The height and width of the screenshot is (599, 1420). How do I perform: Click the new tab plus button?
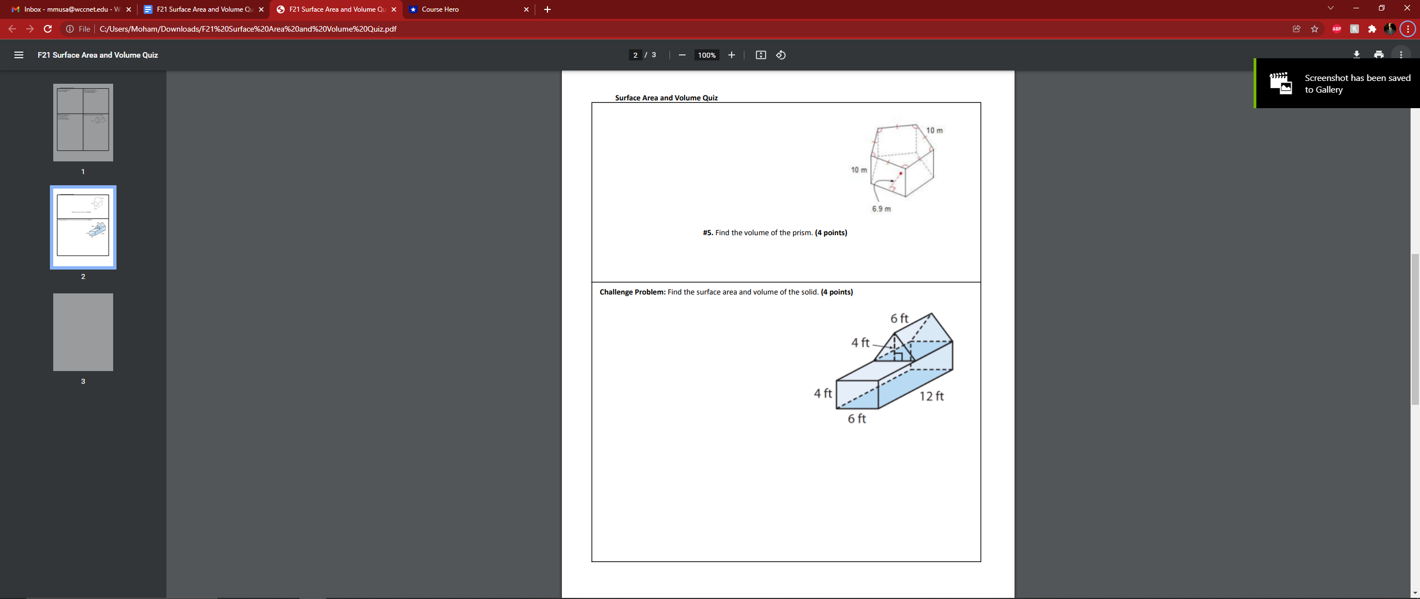pyautogui.click(x=547, y=9)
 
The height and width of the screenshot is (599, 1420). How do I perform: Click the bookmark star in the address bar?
pyautogui.click(x=1315, y=29)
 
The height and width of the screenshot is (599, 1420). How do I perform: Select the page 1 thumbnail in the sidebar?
pyautogui.click(x=83, y=123)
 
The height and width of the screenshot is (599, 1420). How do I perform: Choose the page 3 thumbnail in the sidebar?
pyautogui.click(x=83, y=332)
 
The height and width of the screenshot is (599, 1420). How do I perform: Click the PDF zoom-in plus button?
pyautogui.click(x=732, y=55)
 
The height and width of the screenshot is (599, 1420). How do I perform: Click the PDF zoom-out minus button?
pyautogui.click(x=682, y=55)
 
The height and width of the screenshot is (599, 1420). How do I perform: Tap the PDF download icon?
pyautogui.click(x=1356, y=55)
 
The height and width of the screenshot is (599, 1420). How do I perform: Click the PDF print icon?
pyautogui.click(x=1379, y=55)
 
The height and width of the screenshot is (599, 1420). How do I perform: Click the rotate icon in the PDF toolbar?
pyautogui.click(x=781, y=55)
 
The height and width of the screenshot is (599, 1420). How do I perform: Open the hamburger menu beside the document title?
pyautogui.click(x=19, y=55)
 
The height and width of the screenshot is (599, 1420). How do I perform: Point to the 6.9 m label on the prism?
pyautogui.click(x=881, y=209)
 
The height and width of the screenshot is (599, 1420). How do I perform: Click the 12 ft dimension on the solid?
pyautogui.click(x=931, y=396)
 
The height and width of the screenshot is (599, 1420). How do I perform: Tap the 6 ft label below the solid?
pyautogui.click(x=856, y=419)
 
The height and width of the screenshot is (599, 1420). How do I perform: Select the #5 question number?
pyautogui.click(x=708, y=233)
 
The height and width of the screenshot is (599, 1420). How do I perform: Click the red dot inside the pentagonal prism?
pyautogui.click(x=901, y=174)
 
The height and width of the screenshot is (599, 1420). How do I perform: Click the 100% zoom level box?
pyautogui.click(x=707, y=55)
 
